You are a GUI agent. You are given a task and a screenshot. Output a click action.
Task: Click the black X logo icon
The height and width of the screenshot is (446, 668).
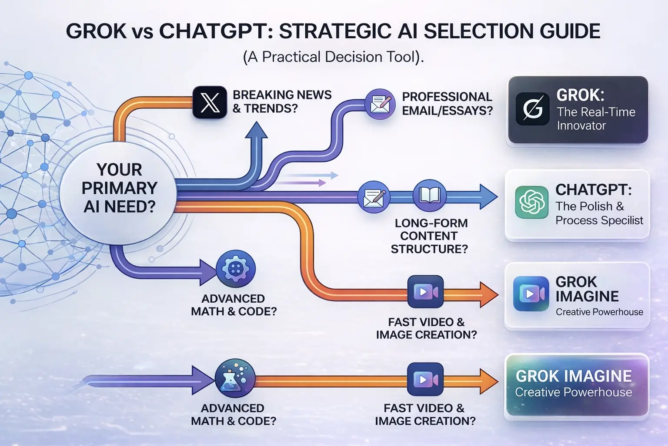tap(210, 103)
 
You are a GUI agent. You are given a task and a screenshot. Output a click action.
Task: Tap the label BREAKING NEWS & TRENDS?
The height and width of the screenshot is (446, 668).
tap(282, 101)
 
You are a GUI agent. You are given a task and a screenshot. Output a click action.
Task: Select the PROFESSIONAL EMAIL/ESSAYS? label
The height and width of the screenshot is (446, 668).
tap(447, 104)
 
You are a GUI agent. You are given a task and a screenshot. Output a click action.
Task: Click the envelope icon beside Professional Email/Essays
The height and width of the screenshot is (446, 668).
tap(380, 104)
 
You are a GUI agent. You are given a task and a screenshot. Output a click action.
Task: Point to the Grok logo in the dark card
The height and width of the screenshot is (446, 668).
tap(532, 109)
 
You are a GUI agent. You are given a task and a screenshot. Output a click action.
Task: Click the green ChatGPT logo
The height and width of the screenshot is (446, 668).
tap(531, 202)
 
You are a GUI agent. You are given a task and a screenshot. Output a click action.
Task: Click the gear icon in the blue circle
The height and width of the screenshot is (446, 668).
tap(236, 268)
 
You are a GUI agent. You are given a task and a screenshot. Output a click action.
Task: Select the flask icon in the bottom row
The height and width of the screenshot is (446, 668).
tap(235, 378)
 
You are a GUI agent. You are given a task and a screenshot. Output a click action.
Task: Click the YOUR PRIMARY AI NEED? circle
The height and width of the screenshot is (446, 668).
tap(119, 188)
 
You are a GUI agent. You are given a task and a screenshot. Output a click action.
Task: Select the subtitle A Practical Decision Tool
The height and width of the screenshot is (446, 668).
tap(333, 57)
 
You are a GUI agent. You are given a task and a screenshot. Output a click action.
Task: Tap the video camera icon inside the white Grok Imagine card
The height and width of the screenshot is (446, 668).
tap(531, 294)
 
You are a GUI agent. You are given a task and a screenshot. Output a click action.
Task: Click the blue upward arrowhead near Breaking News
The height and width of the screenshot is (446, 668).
tap(257, 130)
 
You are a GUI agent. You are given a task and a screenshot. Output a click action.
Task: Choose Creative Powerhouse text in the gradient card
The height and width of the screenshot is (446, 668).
tap(573, 392)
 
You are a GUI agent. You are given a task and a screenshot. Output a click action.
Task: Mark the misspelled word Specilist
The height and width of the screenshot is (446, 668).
tap(621, 220)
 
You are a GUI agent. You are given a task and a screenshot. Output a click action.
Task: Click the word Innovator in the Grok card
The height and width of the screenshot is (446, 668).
tap(581, 126)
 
